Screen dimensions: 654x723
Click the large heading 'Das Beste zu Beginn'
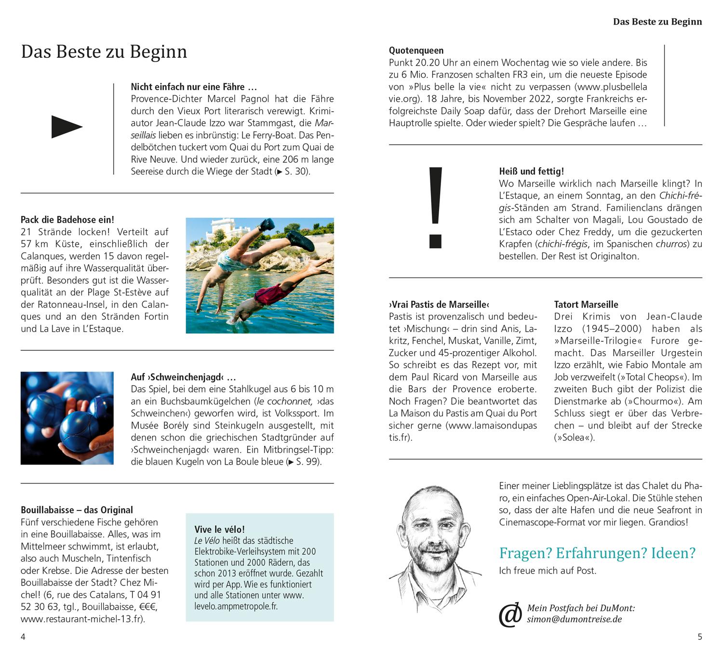pos(104,52)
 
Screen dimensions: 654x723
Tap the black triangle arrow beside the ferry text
pos(67,127)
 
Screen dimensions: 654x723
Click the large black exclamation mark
pos(435,207)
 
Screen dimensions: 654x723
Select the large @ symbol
pos(510,614)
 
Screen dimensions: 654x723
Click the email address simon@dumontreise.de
pos(574,619)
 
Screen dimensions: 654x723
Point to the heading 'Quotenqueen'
pos(416,50)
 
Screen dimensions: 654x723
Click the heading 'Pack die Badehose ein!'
pos(67,220)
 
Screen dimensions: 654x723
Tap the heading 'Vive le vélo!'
pos(219,529)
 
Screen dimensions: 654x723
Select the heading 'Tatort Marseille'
pos(586,305)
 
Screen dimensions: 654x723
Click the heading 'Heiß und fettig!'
pos(531,172)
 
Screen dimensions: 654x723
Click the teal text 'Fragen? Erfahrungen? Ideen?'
pos(597,553)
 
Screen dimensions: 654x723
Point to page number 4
pos(23,637)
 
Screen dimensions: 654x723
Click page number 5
pos(700,637)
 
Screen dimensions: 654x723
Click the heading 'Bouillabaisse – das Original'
pos(77,510)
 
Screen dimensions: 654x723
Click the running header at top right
pos(657,22)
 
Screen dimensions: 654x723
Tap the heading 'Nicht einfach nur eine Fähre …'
pos(194,87)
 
